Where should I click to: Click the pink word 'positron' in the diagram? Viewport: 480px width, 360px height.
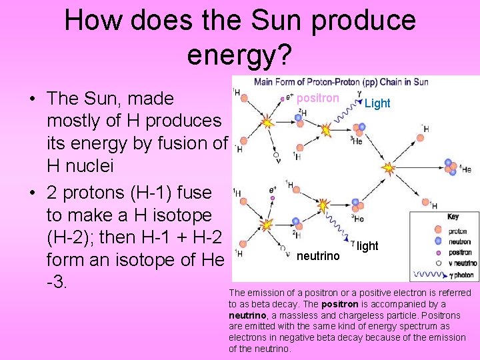tap(317, 98)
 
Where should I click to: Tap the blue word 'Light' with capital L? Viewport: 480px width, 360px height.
tap(377, 103)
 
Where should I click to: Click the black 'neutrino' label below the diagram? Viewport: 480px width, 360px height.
tap(318, 256)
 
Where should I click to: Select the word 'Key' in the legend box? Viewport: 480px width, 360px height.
tap(453, 217)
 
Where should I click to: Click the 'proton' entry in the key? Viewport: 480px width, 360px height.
tap(458, 231)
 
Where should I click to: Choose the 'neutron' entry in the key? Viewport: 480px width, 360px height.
tap(459, 242)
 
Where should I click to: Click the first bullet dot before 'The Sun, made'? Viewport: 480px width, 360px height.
tap(32, 99)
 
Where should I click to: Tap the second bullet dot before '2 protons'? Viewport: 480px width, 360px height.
tap(32, 193)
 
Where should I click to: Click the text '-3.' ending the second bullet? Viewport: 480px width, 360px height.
tap(57, 281)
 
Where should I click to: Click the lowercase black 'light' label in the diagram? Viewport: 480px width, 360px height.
tap(367, 246)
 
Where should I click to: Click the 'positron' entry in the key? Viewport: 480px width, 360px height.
tap(460, 253)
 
